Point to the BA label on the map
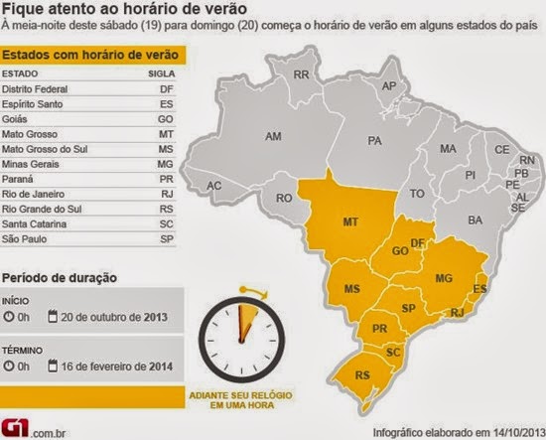475,219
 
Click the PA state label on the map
375,142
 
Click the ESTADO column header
21,73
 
